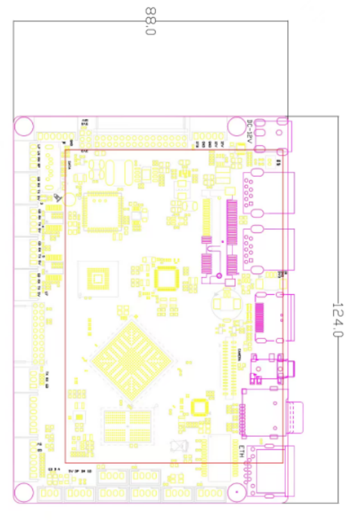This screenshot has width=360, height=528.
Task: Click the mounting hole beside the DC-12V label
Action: pos(236,127)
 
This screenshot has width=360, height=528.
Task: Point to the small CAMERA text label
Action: pos(239,353)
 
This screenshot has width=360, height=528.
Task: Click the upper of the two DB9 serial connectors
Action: pos(269,194)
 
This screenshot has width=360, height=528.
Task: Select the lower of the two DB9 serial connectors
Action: pos(269,251)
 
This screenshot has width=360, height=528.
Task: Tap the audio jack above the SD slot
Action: pos(272,369)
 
